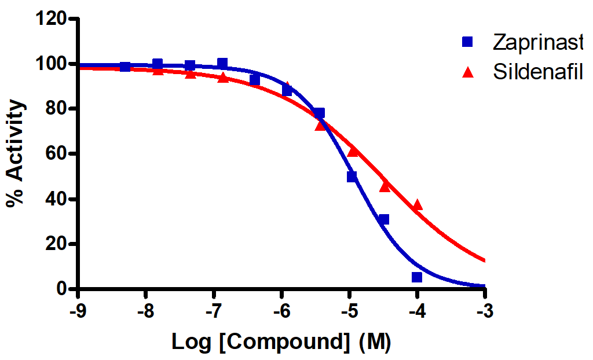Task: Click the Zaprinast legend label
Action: [x=537, y=42]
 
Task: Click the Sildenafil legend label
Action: [x=537, y=72]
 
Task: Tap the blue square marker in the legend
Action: [x=468, y=42]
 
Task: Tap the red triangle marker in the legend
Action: [x=468, y=72]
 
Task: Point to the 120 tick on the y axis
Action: [x=51, y=19]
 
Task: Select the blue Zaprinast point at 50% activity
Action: [x=352, y=177]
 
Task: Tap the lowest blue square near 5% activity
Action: [x=417, y=277]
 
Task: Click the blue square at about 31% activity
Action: [x=383, y=219]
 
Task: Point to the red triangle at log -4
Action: [x=417, y=205]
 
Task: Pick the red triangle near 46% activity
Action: [x=385, y=186]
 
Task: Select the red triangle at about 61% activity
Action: [x=353, y=151]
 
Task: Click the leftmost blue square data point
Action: [x=125, y=67]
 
